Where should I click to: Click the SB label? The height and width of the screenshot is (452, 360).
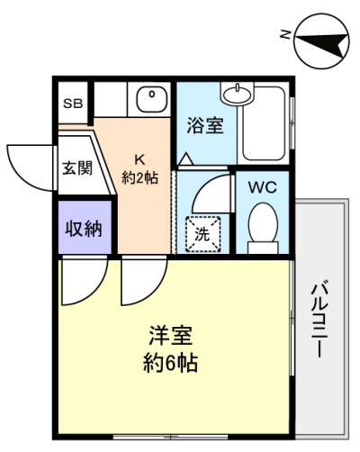click(73, 104)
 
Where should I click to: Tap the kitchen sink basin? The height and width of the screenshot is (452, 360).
click(152, 99)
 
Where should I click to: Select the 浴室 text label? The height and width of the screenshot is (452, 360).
click(205, 125)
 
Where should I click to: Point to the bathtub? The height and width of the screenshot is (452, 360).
click(264, 123)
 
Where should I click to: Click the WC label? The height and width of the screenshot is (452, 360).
click(262, 187)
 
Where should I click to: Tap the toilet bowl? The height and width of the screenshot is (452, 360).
click(263, 222)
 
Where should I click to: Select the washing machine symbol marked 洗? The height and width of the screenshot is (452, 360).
click(203, 234)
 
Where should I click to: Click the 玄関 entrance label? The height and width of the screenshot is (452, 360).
click(77, 167)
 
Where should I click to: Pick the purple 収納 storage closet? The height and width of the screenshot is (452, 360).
click(85, 227)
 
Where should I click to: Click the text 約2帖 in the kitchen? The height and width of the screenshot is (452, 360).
click(139, 178)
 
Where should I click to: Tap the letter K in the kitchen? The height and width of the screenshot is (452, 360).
click(139, 159)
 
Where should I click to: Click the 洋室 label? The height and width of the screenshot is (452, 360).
click(171, 336)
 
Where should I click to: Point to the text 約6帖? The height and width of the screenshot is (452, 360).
click(170, 363)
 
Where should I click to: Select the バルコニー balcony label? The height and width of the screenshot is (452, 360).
click(319, 319)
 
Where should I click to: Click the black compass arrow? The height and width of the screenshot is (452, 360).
click(322, 43)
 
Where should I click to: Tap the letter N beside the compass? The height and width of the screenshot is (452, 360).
click(284, 34)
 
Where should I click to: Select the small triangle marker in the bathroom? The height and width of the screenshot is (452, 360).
click(186, 158)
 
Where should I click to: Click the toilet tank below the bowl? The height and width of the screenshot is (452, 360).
click(263, 248)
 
